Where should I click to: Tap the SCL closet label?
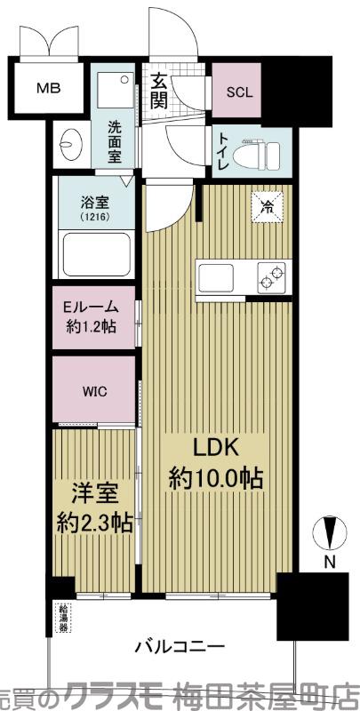pyautogui.click(x=237, y=92)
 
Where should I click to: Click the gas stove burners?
pyautogui.click(x=271, y=276)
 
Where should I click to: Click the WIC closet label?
pyautogui.click(x=94, y=388)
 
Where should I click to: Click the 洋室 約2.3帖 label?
pyautogui.click(x=95, y=507)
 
